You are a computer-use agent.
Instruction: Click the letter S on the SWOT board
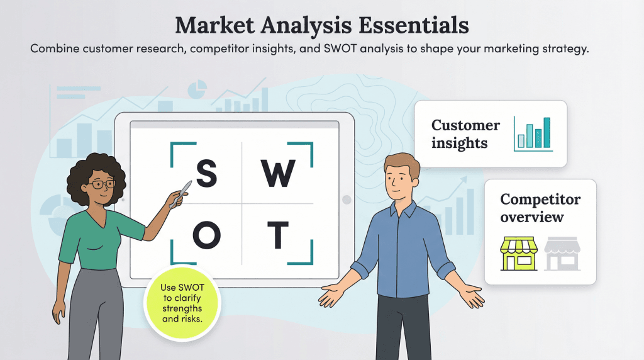click(x=207, y=173)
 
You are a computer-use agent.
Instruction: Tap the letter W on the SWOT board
click(x=277, y=173)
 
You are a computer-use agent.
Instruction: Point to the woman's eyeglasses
click(x=103, y=184)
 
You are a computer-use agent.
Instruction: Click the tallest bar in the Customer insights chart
click(x=547, y=132)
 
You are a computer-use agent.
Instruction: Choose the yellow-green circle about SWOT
click(x=182, y=303)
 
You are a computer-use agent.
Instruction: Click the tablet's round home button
click(x=346, y=200)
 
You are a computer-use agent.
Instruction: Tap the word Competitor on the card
click(x=540, y=200)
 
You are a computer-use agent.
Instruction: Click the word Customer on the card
click(x=466, y=125)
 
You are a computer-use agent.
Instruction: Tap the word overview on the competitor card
click(x=532, y=217)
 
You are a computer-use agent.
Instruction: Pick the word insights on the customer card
click(x=459, y=143)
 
